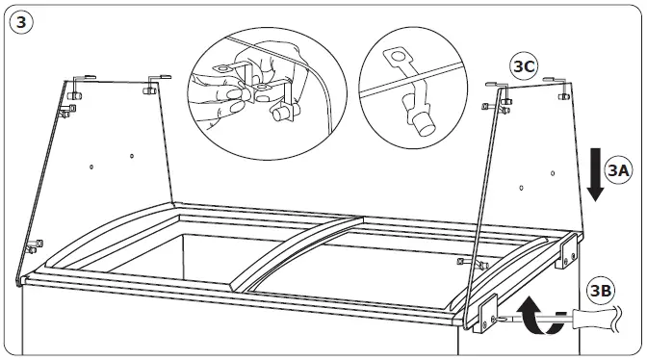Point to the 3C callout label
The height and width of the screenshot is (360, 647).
(524, 67)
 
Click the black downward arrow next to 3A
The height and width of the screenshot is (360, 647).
(595, 171)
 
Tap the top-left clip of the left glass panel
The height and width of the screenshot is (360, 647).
(80, 79)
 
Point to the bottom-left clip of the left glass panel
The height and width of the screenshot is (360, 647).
(34, 244)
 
